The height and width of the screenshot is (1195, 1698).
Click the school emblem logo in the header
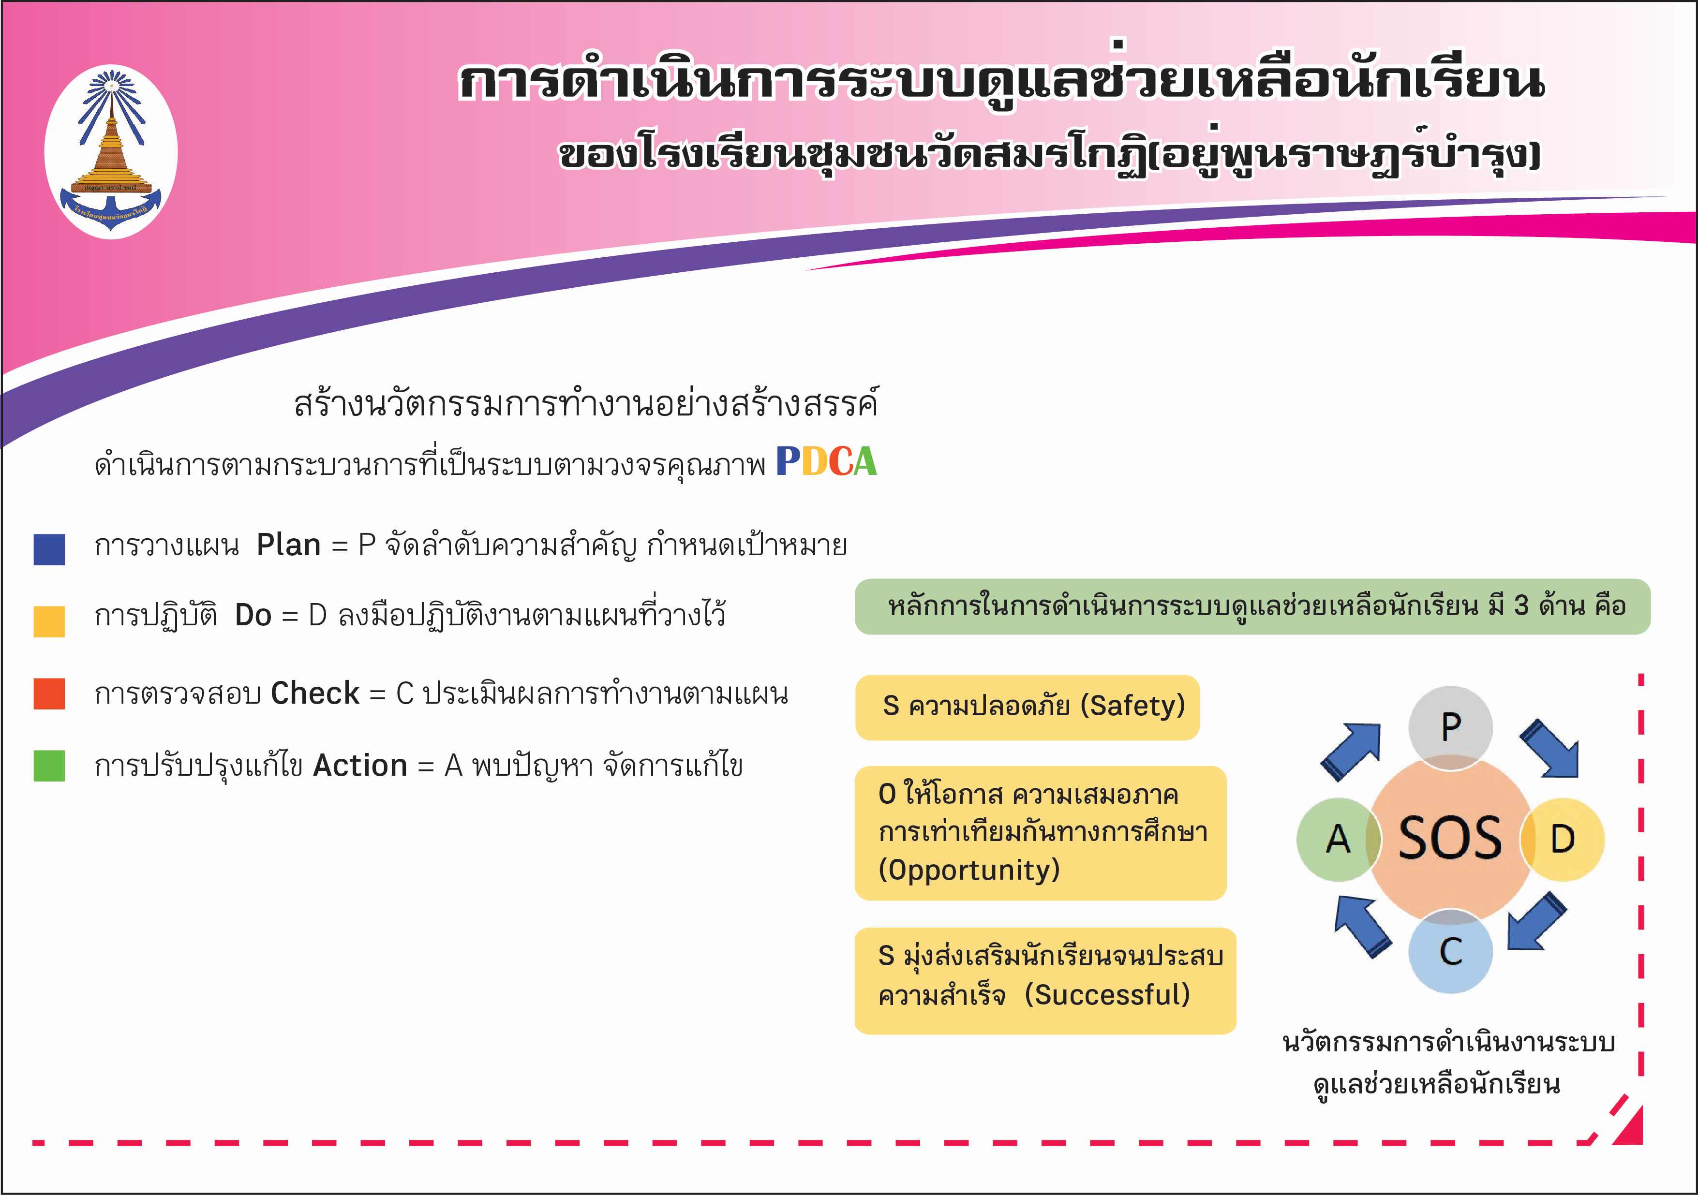(111, 151)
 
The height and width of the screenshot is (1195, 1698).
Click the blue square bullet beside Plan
(49, 549)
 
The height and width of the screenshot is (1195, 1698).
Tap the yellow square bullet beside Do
(49, 621)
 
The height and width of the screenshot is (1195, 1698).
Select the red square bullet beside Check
(49, 693)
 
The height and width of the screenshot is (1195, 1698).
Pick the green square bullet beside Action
(49, 766)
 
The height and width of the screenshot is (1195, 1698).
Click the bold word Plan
(288, 545)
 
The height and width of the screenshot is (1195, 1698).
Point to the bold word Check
(315, 693)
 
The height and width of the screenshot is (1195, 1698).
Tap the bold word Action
(360, 766)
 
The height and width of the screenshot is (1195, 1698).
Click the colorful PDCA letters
(826, 461)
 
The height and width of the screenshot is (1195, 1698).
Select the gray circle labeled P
(1450, 728)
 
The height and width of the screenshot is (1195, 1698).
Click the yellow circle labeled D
(1562, 840)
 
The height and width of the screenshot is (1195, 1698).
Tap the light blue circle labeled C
(1450, 951)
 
